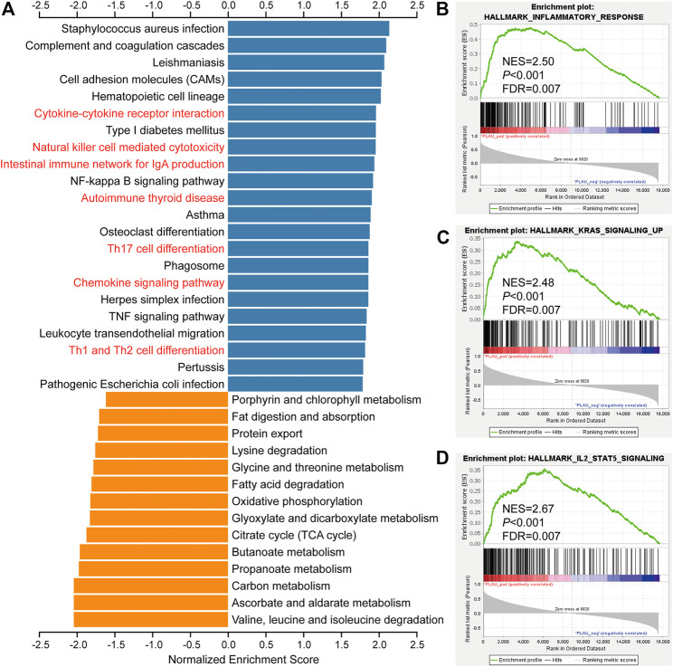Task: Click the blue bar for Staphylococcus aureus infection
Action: pyautogui.click(x=308, y=28)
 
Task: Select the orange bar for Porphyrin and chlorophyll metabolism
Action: pyautogui.click(x=166, y=400)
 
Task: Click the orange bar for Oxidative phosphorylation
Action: pyautogui.click(x=158, y=501)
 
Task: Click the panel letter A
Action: pyautogui.click(x=10, y=11)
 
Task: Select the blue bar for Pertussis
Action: pyautogui.click(x=295, y=367)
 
